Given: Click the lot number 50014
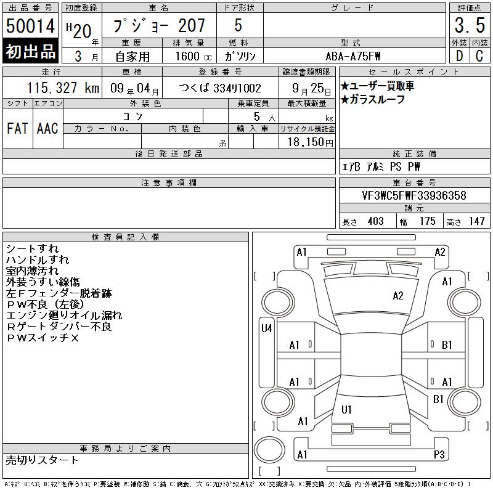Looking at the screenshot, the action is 30,26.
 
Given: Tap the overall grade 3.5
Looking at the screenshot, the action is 470,25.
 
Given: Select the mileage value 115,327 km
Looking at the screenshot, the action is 63,88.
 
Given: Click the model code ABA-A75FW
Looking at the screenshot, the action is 353,56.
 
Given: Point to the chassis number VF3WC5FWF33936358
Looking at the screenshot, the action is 414,195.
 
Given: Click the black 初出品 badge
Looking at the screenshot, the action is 30,51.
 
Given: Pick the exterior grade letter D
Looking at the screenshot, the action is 459,56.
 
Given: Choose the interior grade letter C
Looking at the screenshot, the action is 479,56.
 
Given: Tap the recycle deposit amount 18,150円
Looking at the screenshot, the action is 311,142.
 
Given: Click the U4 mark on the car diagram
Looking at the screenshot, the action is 267,328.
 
